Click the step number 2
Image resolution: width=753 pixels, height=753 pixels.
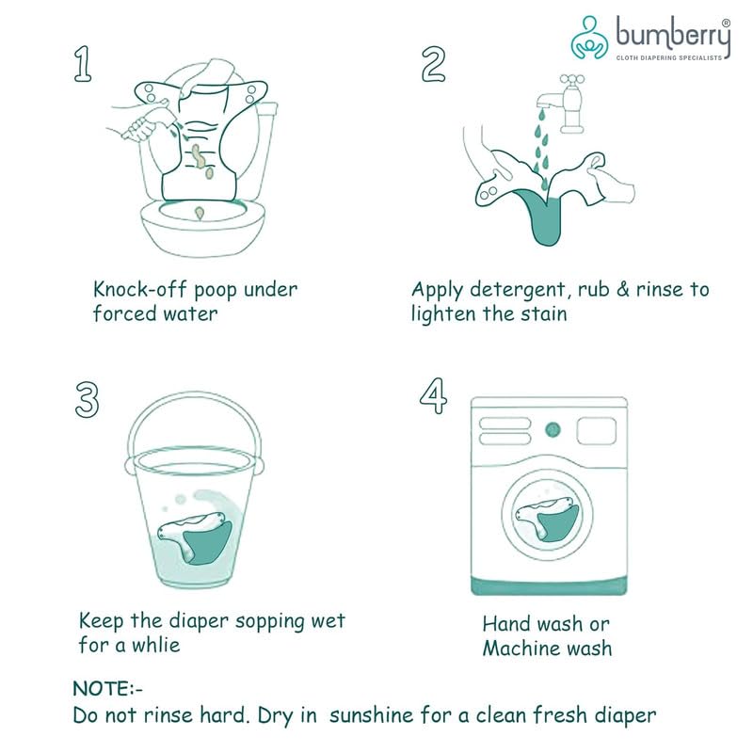coord(432,64)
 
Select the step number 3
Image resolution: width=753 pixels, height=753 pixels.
coord(86,399)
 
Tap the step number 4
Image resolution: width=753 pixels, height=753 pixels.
coord(433,396)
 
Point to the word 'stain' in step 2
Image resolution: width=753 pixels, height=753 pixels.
coord(543,313)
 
